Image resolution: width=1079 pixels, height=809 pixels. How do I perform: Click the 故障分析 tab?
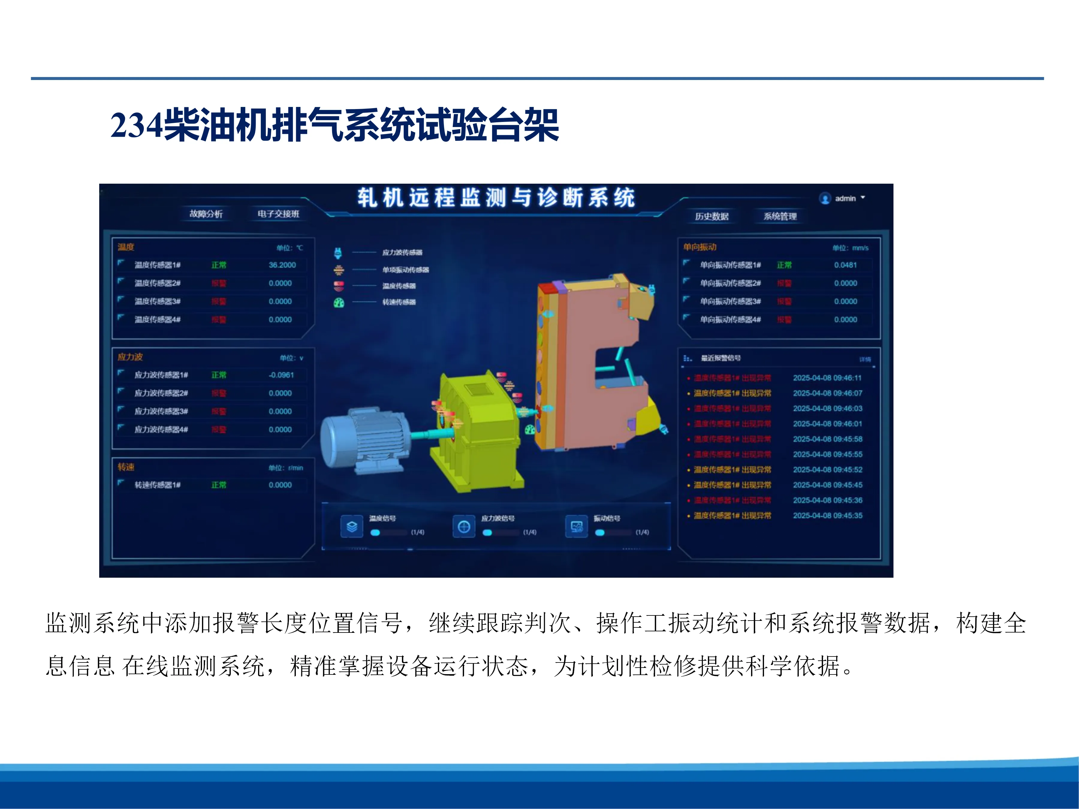tap(206, 214)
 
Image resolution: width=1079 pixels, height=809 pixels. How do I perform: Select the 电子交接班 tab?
tap(278, 214)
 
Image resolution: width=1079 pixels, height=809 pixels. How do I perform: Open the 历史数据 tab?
tap(712, 216)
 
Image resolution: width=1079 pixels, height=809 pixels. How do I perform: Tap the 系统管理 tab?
tap(780, 216)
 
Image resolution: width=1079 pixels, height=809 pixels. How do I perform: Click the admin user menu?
tap(843, 198)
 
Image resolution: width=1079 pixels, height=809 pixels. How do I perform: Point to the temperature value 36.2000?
tap(282, 265)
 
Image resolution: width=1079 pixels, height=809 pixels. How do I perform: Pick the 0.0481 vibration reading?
tap(845, 265)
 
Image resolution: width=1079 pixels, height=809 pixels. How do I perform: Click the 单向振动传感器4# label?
tap(730, 319)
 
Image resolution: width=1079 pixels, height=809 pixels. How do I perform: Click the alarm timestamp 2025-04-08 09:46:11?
tap(827, 378)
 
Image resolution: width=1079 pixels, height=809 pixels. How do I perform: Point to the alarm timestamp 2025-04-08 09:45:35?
tap(827, 515)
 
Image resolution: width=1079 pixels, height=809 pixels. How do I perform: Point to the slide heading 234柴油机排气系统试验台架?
tap(334, 125)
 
